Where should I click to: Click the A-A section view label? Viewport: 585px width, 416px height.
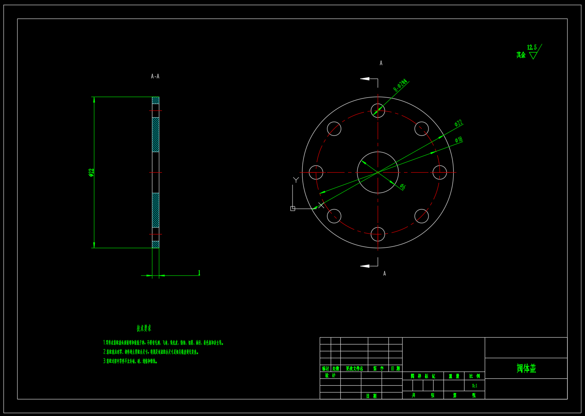point(155,76)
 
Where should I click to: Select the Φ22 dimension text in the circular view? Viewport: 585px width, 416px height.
point(458,123)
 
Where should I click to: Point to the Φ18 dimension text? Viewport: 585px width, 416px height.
point(459,140)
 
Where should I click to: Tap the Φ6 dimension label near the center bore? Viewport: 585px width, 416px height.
point(402,187)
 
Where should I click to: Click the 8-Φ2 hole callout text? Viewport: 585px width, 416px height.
point(400,86)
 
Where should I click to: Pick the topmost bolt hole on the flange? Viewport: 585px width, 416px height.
point(378,111)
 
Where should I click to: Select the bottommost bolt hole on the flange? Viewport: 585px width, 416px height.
point(378,234)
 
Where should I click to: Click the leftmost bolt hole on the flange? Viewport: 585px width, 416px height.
point(316,172)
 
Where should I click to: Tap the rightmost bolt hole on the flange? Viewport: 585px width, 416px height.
point(440,172)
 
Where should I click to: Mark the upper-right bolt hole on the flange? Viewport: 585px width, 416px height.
point(421,129)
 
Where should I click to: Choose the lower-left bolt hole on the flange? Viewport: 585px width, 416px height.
point(334,216)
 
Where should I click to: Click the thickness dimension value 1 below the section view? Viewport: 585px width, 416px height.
point(199,273)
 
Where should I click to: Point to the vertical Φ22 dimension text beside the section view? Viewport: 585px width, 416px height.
point(91,172)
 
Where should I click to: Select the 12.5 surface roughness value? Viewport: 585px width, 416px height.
point(532,47)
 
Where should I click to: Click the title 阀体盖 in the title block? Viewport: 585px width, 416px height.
point(526,368)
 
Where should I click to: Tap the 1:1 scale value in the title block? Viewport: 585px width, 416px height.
point(475,386)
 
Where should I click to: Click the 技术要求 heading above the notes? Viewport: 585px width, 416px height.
point(144,328)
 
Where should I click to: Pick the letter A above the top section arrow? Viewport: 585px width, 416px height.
point(381,63)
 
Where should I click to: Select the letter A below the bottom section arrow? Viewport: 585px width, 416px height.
point(385,274)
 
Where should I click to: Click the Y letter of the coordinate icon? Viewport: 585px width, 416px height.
point(296,180)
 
